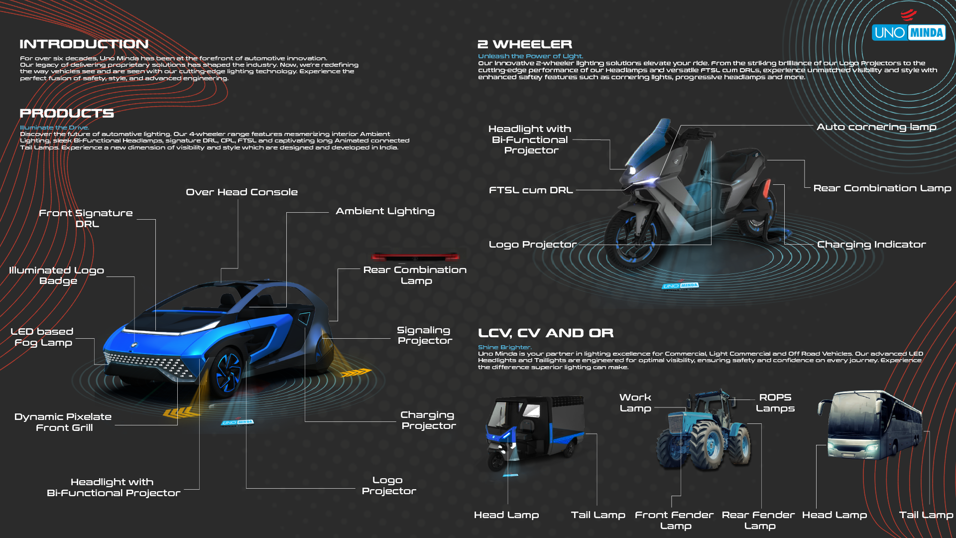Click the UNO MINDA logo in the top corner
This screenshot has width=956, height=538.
coord(909,32)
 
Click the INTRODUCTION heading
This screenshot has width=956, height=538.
coord(84,44)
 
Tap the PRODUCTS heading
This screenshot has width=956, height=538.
coord(67,114)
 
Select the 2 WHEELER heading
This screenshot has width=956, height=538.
coord(525,44)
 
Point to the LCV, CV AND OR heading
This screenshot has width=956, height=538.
coord(546,333)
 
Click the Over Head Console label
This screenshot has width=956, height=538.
coord(241,192)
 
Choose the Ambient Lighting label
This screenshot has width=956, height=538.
coord(385,211)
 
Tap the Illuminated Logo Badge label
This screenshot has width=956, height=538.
coord(57,275)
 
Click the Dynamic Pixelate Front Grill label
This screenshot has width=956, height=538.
coord(63,422)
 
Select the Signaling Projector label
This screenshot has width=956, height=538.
coord(425,335)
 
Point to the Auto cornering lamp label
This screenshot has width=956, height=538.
coord(876,127)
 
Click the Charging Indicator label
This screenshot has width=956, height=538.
coord(871,245)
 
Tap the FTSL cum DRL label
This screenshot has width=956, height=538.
coord(531,190)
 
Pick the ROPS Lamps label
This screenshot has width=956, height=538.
coord(775,403)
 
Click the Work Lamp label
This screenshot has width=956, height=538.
coord(635,403)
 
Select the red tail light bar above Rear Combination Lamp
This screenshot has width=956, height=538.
coord(415,257)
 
